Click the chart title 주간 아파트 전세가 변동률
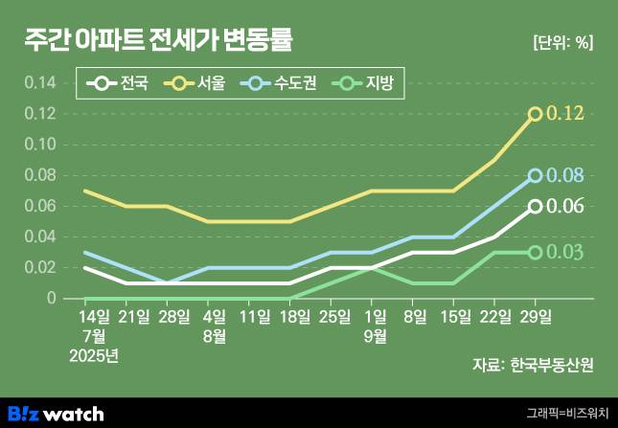click(158, 39)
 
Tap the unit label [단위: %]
click(561, 42)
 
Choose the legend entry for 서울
click(196, 84)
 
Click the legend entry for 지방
click(369, 84)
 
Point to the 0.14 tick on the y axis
click(40, 83)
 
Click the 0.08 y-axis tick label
click(40, 175)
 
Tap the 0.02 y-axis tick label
click(40, 267)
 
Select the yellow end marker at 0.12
click(536, 114)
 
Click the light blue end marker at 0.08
click(536, 175)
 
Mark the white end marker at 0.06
click(536, 206)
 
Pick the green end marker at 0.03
click(536, 252)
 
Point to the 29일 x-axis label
click(536, 315)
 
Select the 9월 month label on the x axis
click(375, 334)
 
